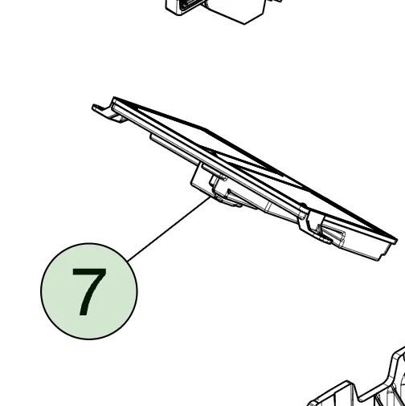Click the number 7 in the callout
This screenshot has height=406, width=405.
88,292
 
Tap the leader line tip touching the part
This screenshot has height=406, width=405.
211,198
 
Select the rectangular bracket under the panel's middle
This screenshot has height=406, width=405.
201,177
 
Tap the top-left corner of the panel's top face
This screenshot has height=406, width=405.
117,100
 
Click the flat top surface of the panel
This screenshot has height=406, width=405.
241,160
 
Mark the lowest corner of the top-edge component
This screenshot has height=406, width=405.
245,23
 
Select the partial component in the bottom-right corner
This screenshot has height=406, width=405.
362,389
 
